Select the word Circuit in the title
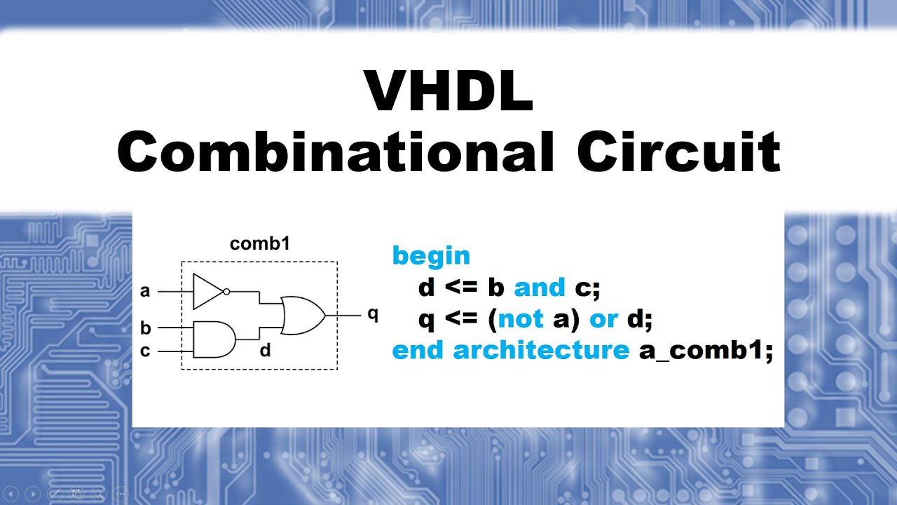click(x=678, y=153)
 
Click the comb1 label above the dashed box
click(x=260, y=244)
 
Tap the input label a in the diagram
click(x=145, y=290)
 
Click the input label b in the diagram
click(x=145, y=328)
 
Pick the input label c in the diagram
click(x=145, y=351)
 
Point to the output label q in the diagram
click(x=373, y=314)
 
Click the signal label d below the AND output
click(x=265, y=349)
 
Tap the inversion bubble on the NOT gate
click(x=226, y=291)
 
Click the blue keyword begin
click(x=431, y=256)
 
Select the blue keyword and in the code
click(x=540, y=288)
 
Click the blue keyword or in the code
click(x=603, y=319)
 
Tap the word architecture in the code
click(x=541, y=350)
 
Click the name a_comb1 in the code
click(x=705, y=350)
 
